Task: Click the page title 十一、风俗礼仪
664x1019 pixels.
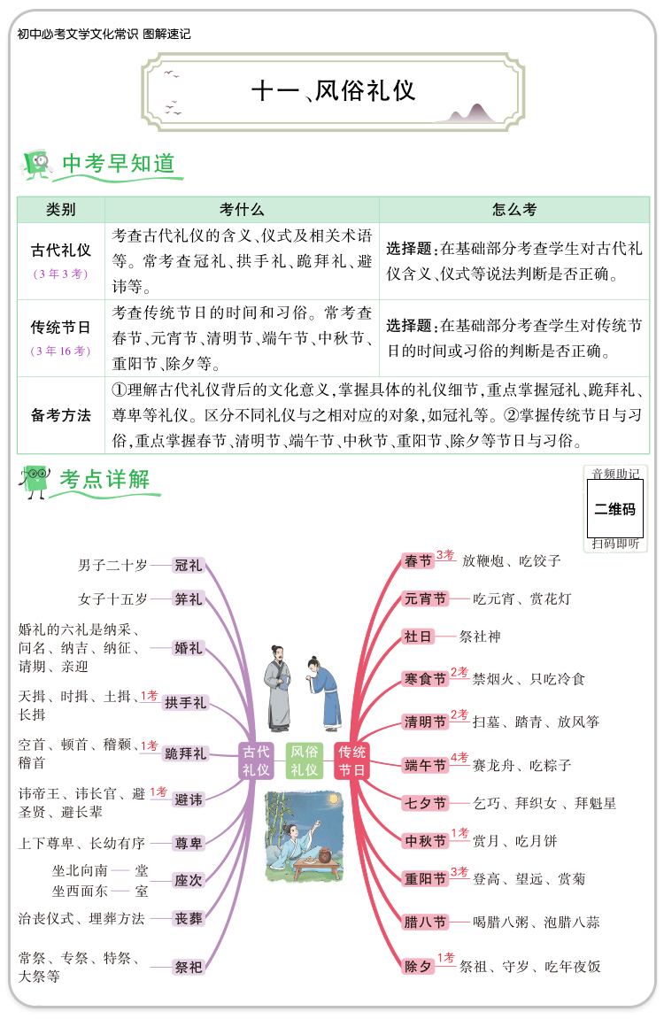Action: coord(334,91)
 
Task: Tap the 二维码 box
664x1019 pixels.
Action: coord(614,509)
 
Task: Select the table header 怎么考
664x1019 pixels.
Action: coord(513,210)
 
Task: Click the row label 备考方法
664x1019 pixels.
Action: coord(61,415)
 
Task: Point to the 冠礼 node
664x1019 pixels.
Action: coord(189,565)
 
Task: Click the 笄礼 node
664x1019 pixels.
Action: coord(189,599)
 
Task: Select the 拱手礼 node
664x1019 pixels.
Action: coord(185,703)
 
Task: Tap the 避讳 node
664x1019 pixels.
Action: coord(189,799)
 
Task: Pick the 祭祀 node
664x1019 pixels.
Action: coord(189,967)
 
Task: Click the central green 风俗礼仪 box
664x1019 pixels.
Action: coord(305,761)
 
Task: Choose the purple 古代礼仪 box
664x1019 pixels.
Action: coord(256,761)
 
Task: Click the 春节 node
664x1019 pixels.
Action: coord(418,561)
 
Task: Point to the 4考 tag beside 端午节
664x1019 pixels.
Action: coord(459,758)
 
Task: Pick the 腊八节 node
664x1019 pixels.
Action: coord(425,922)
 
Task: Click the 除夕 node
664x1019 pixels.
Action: coord(418,966)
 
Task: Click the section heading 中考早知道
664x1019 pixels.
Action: coord(118,164)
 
